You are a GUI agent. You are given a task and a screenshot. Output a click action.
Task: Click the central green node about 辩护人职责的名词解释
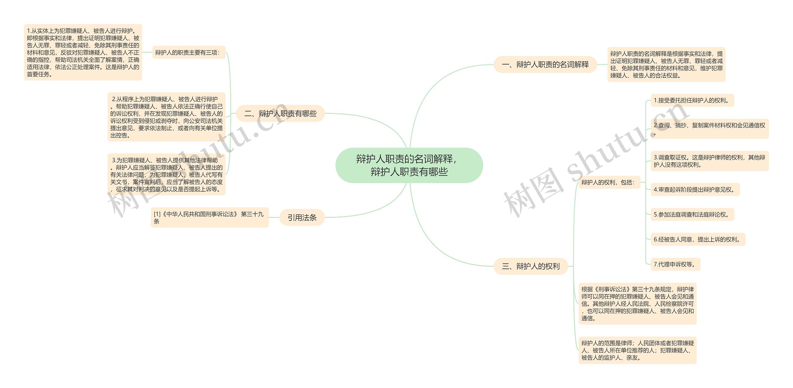tap(409, 165)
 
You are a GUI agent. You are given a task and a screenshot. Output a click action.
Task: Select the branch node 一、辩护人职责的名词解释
tap(545, 65)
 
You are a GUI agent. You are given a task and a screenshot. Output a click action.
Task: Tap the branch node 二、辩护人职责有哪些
tap(280, 114)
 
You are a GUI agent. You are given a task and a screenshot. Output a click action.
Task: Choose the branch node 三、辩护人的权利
tap(531, 266)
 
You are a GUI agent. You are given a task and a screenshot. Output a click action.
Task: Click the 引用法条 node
tap(302, 217)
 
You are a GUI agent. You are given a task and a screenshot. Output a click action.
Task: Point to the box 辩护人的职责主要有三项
tap(189, 52)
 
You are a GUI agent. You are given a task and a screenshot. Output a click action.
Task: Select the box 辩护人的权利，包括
tap(609, 182)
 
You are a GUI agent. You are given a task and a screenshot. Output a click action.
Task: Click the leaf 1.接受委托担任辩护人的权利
tap(692, 100)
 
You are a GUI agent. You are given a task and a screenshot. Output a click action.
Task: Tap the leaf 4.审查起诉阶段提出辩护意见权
tap(695, 190)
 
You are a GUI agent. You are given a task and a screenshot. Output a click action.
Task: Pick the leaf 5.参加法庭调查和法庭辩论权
tap(692, 214)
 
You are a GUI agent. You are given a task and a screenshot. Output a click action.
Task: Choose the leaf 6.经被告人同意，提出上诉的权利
tap(698, 239)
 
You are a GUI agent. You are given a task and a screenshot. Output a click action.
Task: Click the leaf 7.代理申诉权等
tap(675, 264)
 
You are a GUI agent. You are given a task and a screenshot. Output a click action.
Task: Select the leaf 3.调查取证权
tap(709, 161)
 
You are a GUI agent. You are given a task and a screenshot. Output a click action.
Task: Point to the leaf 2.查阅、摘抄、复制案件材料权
tap(709, 129)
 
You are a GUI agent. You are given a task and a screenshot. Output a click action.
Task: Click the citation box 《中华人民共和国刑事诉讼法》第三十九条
tap(209, 217)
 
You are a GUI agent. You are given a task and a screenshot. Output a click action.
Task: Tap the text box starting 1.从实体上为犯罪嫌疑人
tap(83, 52)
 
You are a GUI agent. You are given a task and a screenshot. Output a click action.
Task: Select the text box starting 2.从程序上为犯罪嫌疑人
tap(166, 117)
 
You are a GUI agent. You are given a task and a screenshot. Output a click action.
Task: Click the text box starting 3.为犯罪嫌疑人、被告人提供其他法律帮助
tap(166, 175)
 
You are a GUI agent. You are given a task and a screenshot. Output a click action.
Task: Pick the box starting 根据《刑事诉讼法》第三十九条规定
tap(637, 304)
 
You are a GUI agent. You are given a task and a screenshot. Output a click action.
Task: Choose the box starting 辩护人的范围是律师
tap(637, 350)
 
